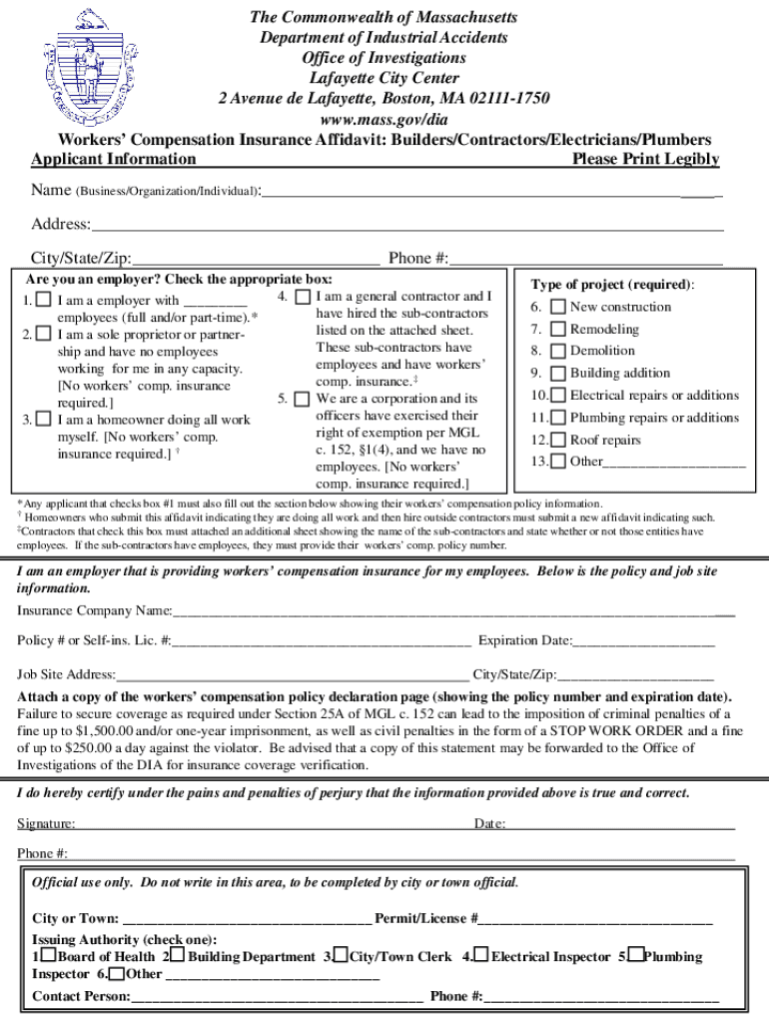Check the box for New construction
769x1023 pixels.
pos(558,307)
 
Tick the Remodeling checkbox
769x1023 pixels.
pos(558,329)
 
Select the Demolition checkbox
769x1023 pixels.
pos(558,351)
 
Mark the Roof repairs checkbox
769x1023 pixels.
pos(558,440)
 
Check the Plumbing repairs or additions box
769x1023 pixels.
pos(558,418)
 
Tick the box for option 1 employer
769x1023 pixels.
pos(43,300)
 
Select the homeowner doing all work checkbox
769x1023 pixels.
pos(43,420)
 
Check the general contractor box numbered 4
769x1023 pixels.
pos(302,297)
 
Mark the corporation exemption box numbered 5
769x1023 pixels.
pos(302,399)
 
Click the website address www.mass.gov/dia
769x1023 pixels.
pos(384,119)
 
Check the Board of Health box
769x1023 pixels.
pos(49,955)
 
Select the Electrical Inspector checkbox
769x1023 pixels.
pos(481,955)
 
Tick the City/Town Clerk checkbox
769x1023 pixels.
pos(341,955)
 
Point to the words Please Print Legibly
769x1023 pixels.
pos(645,160)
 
